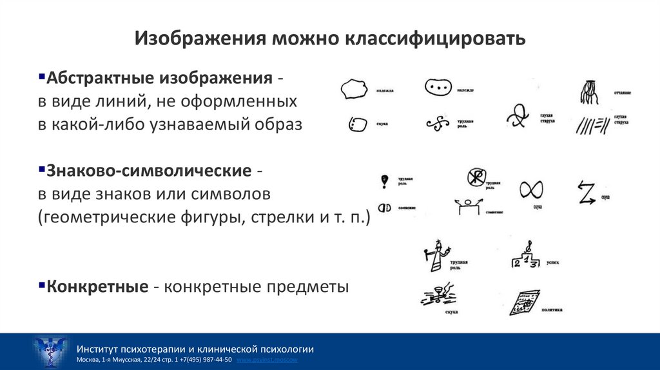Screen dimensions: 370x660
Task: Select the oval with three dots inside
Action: coord(437,86)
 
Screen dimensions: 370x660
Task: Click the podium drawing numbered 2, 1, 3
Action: coord(525,258)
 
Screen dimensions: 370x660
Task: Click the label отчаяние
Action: coord(623,92)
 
